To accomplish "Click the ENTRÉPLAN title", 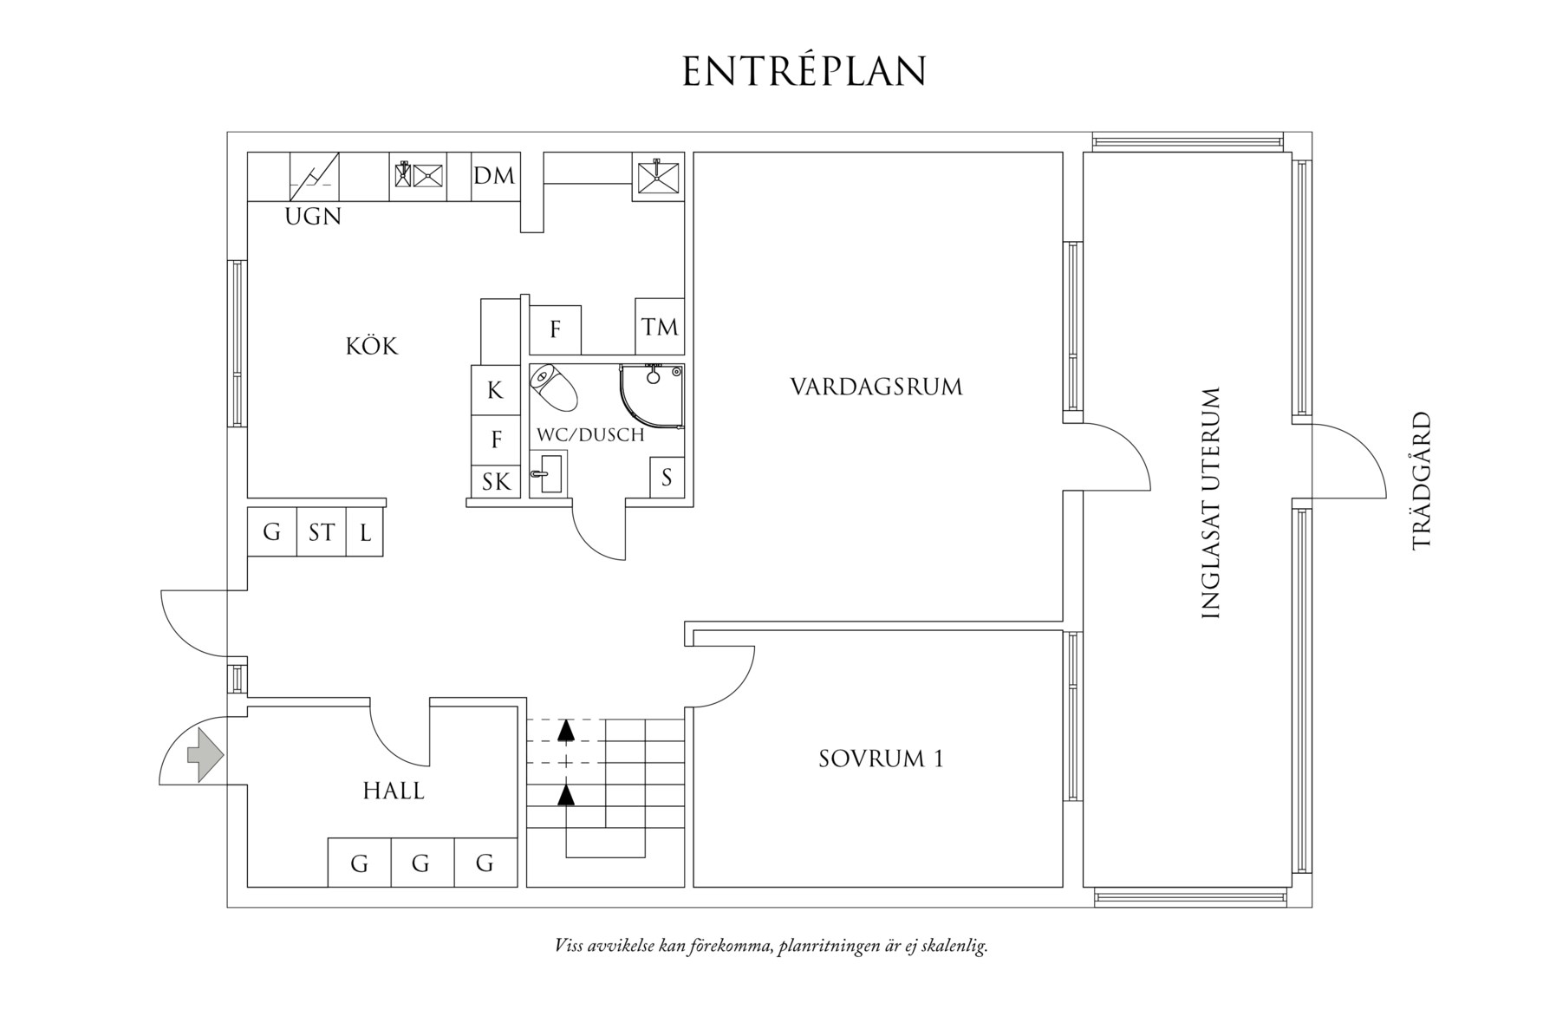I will (804, 71).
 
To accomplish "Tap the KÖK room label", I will (372, 347).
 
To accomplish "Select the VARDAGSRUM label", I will (876, 387).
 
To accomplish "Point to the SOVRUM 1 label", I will (881, 759).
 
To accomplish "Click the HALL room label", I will (394, 791).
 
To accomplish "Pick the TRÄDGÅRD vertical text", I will (1422, 480).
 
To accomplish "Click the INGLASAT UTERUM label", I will (1211, 503).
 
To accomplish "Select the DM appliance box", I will (494, 176).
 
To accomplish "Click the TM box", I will (660, 327).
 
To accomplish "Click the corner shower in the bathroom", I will (652, 395).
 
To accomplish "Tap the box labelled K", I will (495, 390).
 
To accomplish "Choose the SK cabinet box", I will (496, 481).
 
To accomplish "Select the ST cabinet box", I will (322, 531).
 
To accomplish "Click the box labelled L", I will (365, 532).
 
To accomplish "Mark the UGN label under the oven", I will (313, 217).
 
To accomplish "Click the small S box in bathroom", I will (667, 477).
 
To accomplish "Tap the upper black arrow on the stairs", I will (566, 730).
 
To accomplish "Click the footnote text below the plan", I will (771, 945).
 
